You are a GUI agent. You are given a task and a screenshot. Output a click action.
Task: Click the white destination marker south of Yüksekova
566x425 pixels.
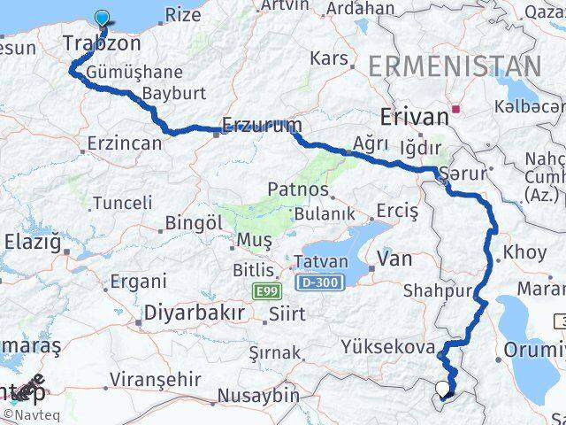[x=442, y=388]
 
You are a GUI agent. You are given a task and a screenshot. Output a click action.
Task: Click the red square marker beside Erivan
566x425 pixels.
[x=455, y=110]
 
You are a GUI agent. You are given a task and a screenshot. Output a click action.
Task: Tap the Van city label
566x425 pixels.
[x=394, y=258]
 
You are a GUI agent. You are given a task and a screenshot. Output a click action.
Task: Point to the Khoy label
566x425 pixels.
[x=524, y=252]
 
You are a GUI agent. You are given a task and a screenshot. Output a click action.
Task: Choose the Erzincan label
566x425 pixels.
[x=125, y=143]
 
